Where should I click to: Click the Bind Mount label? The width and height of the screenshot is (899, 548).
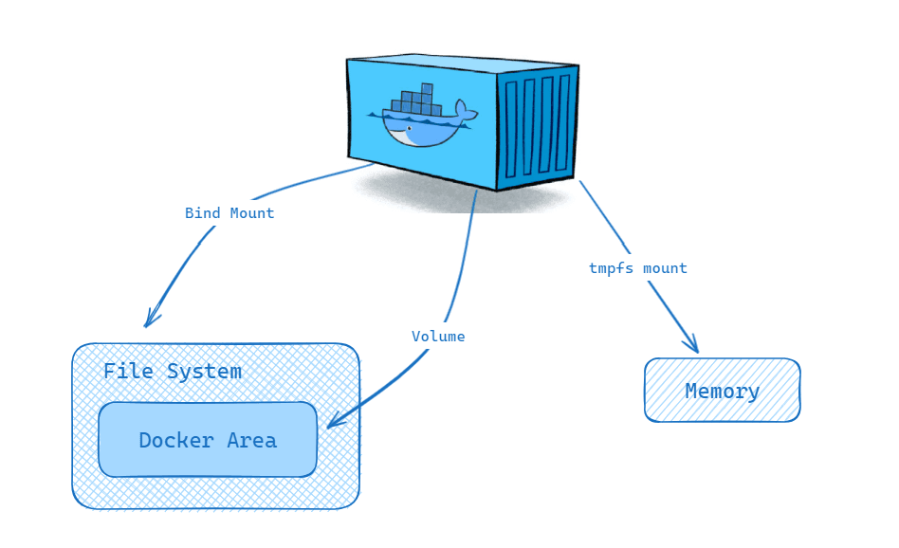point(229,213)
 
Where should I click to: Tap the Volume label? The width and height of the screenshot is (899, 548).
point(438,337)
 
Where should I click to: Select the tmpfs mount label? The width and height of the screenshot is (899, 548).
point(637,268)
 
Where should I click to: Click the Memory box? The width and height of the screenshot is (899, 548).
point(722,391)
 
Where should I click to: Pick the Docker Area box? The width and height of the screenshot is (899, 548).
point(208,440)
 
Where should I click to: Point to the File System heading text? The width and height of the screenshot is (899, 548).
point(173,372)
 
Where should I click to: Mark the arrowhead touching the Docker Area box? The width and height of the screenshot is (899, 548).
point(334,422)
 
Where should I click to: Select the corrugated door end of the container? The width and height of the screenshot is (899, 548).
point(537,126)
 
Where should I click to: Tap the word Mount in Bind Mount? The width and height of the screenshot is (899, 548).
point(252,213)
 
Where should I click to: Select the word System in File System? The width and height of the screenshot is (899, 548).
point(204,372)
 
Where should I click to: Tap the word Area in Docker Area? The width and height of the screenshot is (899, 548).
point(251,441)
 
